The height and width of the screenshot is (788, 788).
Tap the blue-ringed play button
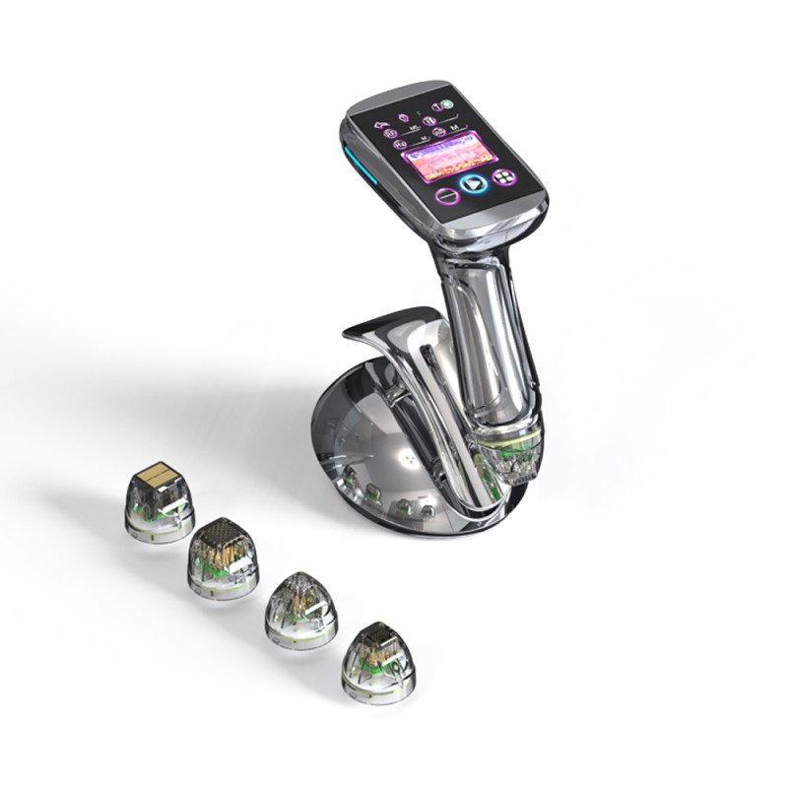(x=472, y=183)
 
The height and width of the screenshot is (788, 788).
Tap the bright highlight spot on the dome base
(x=403, y=459)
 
